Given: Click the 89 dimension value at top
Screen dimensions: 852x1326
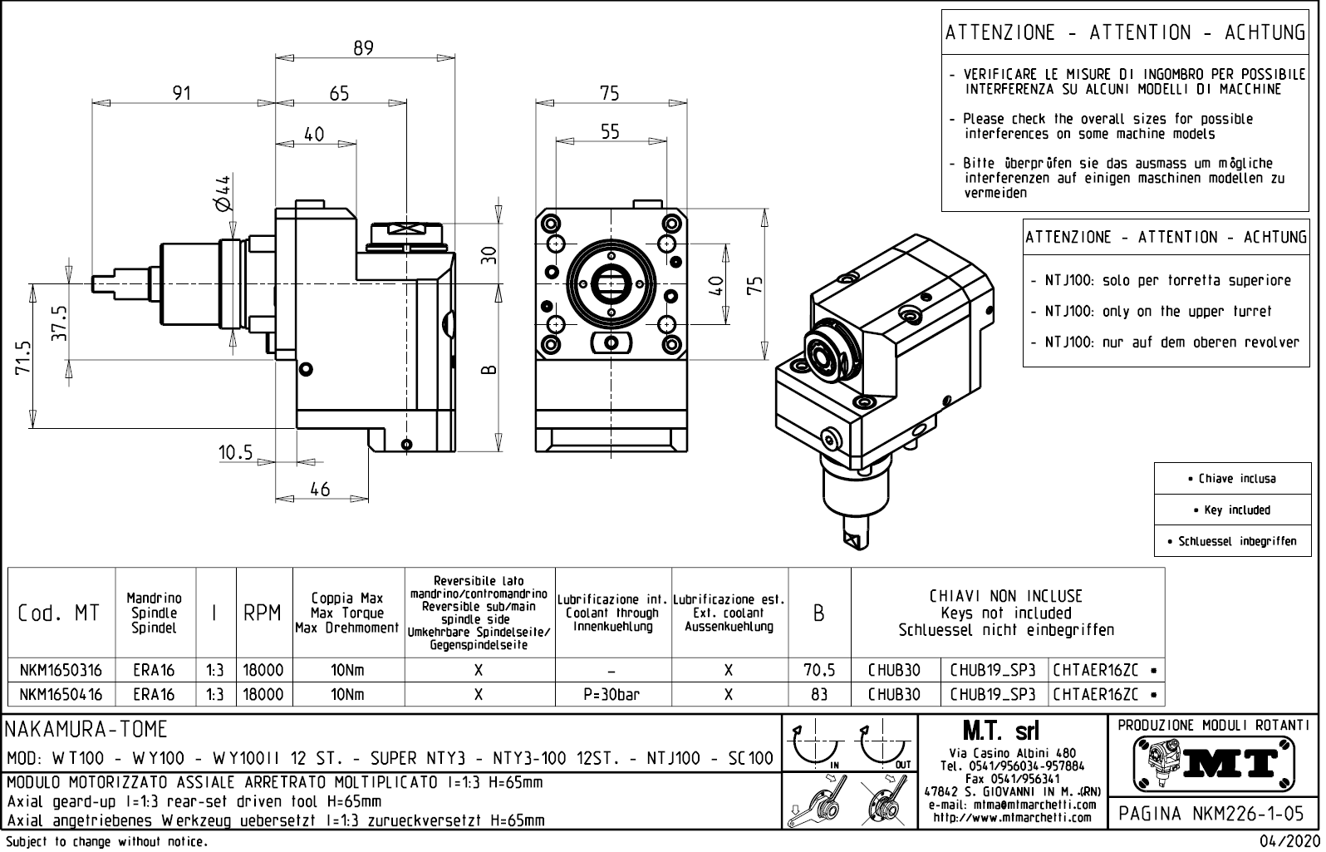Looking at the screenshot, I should pyautogui.click(x=364, y=48).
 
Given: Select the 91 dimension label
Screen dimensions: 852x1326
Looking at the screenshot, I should pyautogui.click(x=182, y=93).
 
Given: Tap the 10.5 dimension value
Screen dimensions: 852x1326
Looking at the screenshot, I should pyautogui.click(x=235, y=453).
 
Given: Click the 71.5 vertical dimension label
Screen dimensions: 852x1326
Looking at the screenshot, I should pyautogui.click(x=22, y=357).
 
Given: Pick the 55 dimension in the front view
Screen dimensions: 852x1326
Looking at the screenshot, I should pyautogui.click(x=610, y=131).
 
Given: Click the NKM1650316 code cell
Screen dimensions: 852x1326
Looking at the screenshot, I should pyautogui.click(x=61, y=671).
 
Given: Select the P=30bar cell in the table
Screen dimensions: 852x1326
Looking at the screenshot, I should pyautogui.click(x=611, y=694).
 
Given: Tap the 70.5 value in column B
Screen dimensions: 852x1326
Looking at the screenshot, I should pyautogui.click(x=819, y=671).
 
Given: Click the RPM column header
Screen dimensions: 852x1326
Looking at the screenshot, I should pyautogui.click(x=263, y=613).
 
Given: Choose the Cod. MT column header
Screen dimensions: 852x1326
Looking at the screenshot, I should pyautogui.click(x=59, y=613).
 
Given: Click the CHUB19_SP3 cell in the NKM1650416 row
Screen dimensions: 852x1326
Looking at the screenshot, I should pyautogui.click(x=993, y=694).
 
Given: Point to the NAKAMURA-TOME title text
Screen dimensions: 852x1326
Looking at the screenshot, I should pyautogui.click(x=86, y=730).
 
